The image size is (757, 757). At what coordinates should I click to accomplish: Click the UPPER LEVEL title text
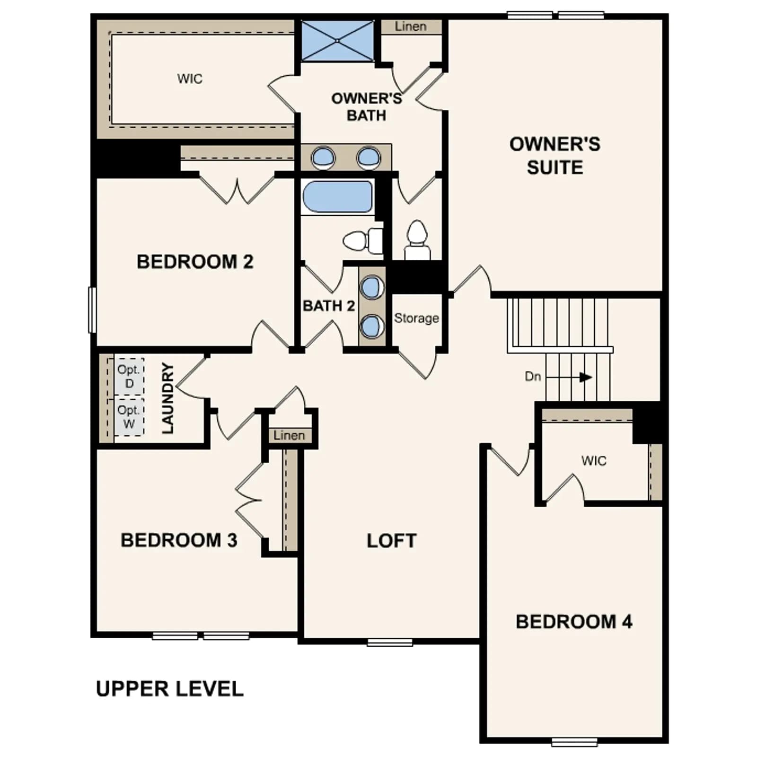tap(169, 689)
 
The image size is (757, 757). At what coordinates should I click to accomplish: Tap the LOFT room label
tap(392, 541)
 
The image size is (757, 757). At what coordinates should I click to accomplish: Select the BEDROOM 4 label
tap(574, 622)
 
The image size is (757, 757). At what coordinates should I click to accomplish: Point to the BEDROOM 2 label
tap(195, 262)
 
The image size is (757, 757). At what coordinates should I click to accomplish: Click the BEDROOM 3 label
tap(179, 540)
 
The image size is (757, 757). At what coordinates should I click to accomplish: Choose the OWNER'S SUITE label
tap(555, 156)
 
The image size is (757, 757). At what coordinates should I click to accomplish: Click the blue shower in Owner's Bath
tap(337, 41)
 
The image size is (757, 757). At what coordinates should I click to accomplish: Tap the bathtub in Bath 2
tap(337, 196)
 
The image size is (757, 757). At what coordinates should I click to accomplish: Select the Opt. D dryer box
tap(129, 376)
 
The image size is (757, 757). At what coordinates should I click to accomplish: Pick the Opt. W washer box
tap(129, 417)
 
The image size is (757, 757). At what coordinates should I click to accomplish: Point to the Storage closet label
tap(416, 318)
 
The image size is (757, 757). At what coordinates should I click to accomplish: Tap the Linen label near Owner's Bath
tap(411, 26)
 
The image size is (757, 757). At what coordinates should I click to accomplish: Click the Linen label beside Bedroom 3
tap(289, 435)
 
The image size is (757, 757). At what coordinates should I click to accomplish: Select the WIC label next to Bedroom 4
tap(594, 461)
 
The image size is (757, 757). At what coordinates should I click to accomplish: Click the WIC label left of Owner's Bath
tap(190, 79)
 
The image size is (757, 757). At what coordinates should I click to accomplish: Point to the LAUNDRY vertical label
tap(168, 398)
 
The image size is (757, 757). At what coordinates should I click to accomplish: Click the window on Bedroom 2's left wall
tap(93, 310)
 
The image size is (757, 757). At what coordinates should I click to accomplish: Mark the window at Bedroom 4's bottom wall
tap(574, 742)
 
